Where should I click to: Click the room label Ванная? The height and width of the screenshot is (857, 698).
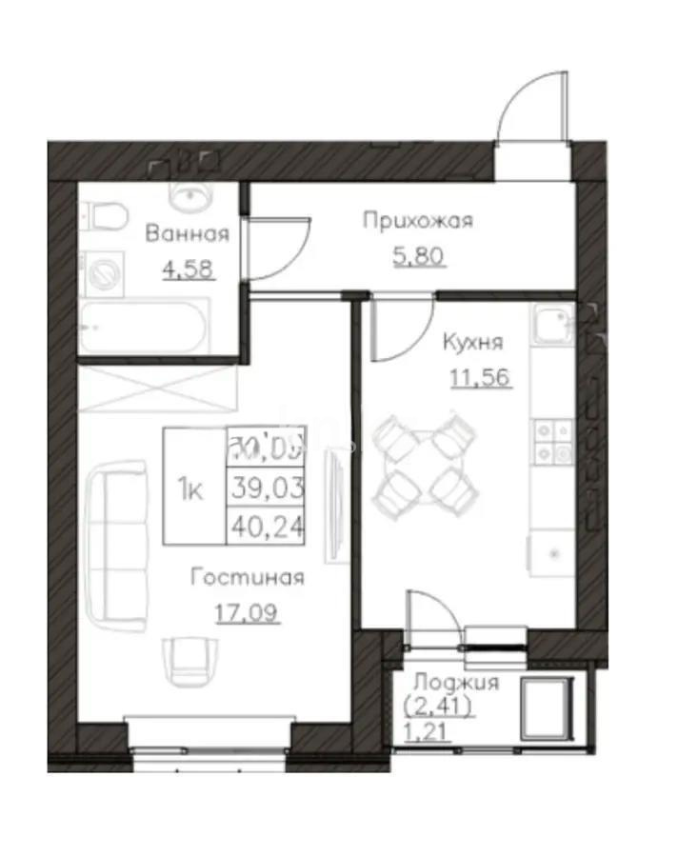[x=187, y=234]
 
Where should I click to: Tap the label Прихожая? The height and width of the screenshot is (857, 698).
[x=417, y=222]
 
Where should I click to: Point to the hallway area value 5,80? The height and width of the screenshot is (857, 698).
[x=417, y=256]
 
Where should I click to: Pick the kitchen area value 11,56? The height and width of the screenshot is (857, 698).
[x=480, y=376]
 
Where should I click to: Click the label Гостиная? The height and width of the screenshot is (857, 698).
[x=247, y=577]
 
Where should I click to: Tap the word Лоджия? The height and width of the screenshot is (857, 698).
[x=456, y=684]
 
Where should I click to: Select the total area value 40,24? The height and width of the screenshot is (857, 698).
[x=267, y=524]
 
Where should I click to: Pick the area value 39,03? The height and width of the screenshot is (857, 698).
[x=267, y=488]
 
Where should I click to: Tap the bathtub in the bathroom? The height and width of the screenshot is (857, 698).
[x=143, y=329]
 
